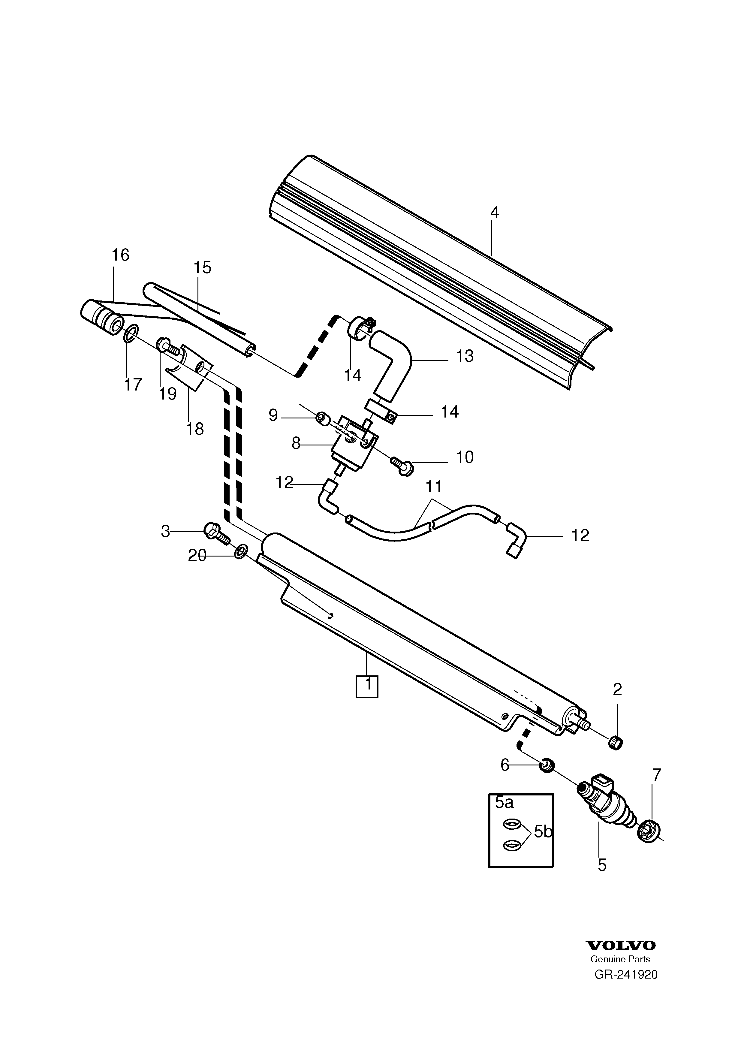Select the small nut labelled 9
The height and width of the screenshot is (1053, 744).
tap(322, 418)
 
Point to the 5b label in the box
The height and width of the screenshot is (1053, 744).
tap(543, 831)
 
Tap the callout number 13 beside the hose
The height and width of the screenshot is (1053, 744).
tap(465, 356)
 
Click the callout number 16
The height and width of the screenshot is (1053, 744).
tap(121, 255)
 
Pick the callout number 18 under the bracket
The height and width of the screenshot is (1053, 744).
tap(195, 429)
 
